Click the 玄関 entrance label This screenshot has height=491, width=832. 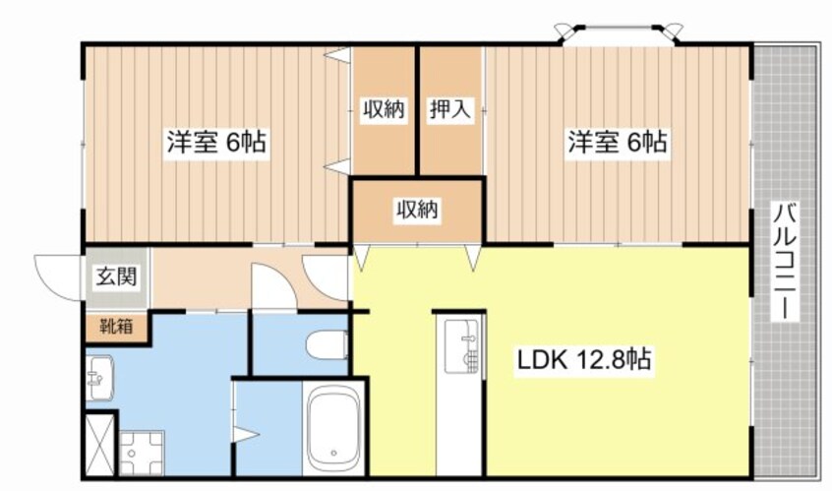click(116, 276)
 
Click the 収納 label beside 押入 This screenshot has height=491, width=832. click(384, 109)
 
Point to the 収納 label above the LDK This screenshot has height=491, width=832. click(417, 210)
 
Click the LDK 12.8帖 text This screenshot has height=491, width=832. click(583, 361)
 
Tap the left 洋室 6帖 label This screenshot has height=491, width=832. click(214, 144)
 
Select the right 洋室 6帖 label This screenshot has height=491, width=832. click(617, 144)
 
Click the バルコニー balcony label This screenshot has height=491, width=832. click(784, 261)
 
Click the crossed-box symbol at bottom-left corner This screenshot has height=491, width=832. click(99, 447)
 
